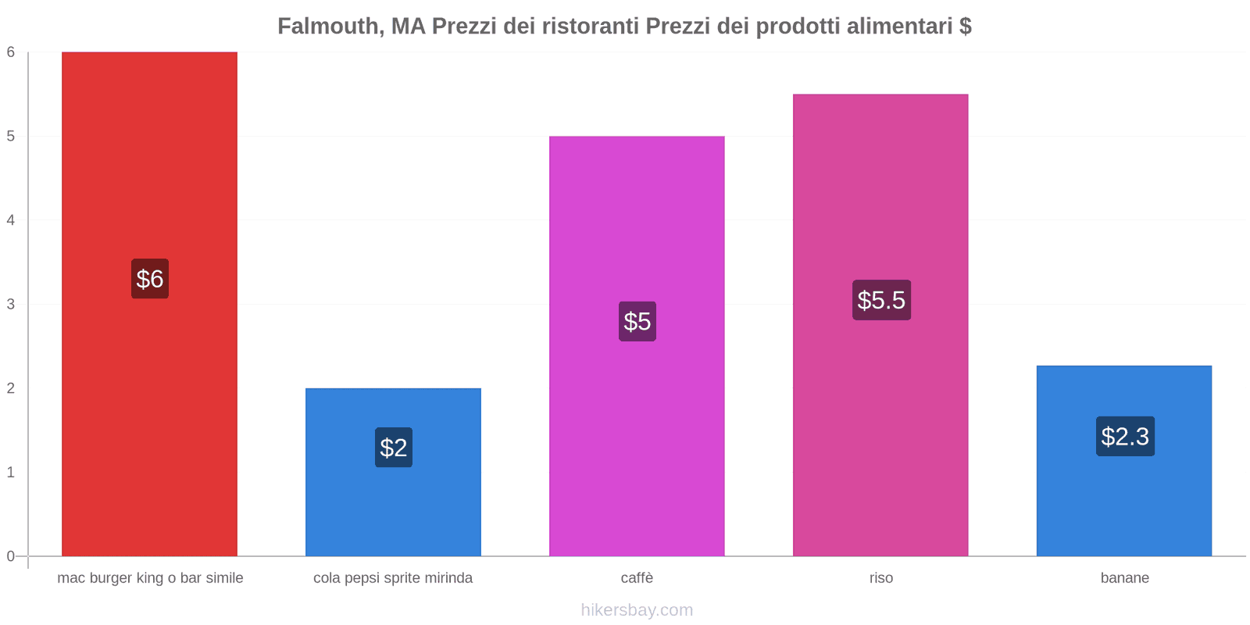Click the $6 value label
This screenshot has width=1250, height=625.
(x=149, y=279)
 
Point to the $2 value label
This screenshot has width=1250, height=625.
(x=393, y=448)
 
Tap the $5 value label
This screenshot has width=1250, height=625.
(x=637, y=321)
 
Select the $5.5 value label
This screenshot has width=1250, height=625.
(x=881, y=300)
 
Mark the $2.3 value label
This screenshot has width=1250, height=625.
(x=1125, y=436)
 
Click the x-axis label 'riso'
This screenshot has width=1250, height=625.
(x=880, y=578)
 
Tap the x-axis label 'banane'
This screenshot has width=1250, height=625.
(x=1124, y=578)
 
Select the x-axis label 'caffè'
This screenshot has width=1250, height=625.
(x=637, y=578)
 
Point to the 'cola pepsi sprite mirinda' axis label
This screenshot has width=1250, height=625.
(x=393, y=578)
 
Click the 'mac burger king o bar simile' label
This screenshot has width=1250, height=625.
(x=150, y=578)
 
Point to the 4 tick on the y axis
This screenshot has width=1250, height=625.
(x=11, y=220)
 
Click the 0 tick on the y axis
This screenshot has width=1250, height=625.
(x=11, y=556)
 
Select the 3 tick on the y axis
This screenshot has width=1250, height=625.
(x=11, y=305)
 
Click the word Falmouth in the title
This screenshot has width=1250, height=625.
(x=329, y=27)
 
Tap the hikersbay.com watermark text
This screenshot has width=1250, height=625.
(x=637, y=610)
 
